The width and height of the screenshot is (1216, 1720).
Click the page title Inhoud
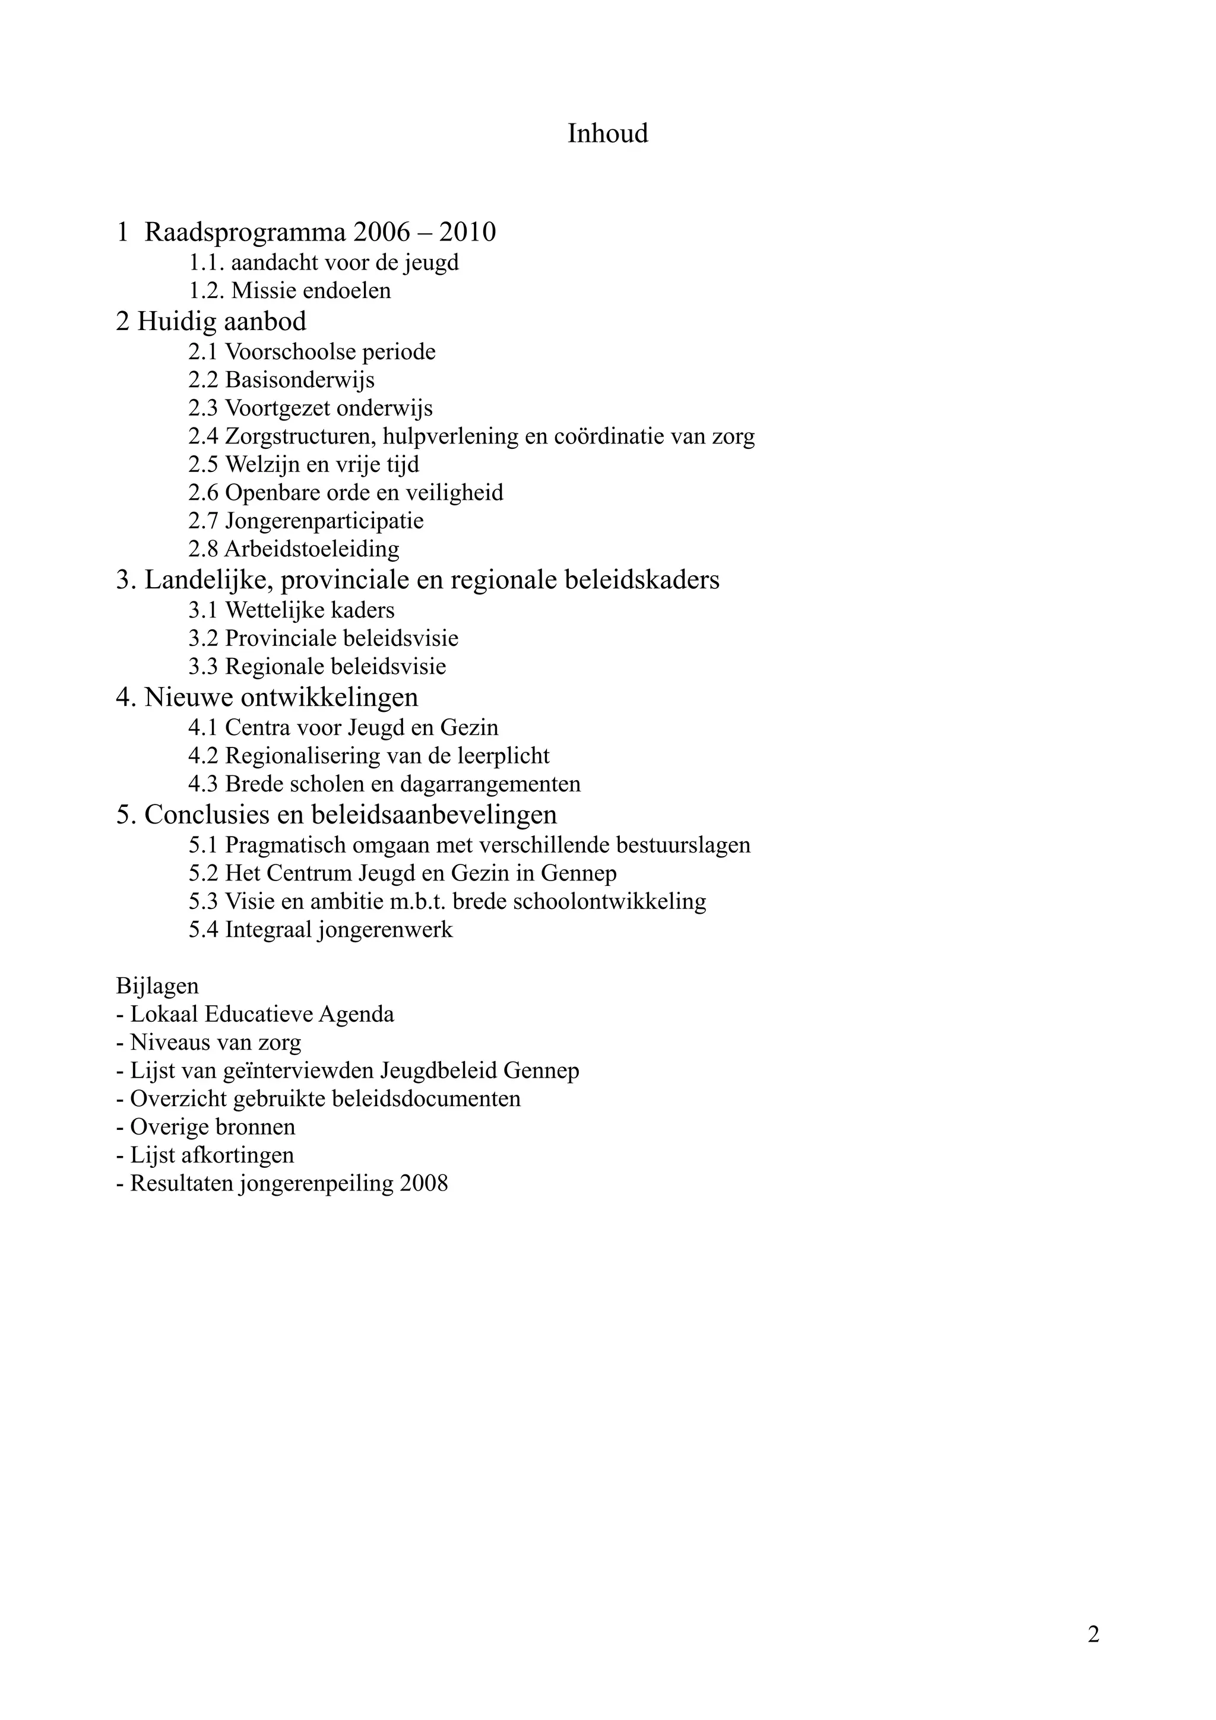[x=607, y=134]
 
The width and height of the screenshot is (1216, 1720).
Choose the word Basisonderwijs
[x=300, y=380]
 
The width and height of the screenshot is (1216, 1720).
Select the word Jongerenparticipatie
[x=324, y=521]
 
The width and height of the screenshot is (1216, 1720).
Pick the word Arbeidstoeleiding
[x=312, y=549]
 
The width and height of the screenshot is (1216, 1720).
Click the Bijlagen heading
[x=157, y=986]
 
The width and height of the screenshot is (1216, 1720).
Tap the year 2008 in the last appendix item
[x=424, y=1184]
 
